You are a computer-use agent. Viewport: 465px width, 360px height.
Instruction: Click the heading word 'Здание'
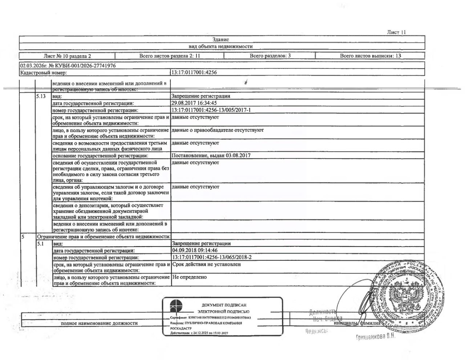coord(221,40)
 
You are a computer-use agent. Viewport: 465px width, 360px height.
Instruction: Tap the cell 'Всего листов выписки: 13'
coord(370,56)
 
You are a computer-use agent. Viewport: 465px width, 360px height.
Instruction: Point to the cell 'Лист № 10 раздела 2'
coord(67,56)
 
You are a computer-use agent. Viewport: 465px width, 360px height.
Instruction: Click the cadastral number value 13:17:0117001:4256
coord(194,72)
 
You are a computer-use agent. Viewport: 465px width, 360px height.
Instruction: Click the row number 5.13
coord(41,96)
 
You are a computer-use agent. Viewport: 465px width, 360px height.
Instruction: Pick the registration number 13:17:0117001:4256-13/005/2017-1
coord(211,110)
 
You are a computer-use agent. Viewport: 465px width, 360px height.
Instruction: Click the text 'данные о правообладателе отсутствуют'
coord(217,130)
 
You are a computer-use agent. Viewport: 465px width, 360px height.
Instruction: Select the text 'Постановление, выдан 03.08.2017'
coord(211,155)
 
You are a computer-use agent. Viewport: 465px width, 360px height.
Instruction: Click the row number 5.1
coord(40,244)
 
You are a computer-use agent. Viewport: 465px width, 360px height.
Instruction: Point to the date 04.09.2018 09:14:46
coord(195,250)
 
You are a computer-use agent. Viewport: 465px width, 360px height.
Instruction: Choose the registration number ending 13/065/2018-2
coord(211,257)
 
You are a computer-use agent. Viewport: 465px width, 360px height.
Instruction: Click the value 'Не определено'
coord(189,277)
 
